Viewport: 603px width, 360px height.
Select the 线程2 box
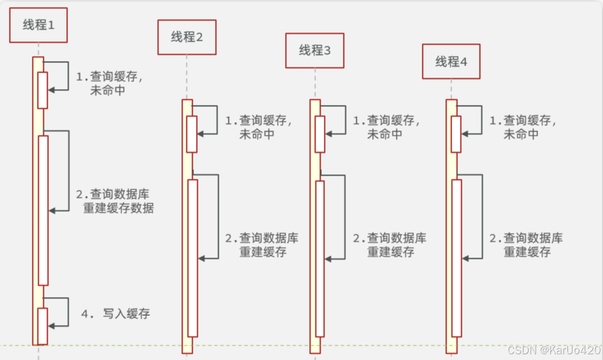[187, 37]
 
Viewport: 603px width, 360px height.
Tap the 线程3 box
[314, 50]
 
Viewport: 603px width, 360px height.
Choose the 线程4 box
[451, 61]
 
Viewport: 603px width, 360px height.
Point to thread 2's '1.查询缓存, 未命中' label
[258, 127]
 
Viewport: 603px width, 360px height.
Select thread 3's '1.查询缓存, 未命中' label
[385, 127]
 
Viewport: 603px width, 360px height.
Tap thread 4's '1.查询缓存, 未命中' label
[522, 127]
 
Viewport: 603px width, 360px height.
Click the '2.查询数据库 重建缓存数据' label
[114, 201]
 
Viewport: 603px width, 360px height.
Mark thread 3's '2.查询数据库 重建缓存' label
[389, 245]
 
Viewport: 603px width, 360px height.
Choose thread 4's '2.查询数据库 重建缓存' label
[526, 245]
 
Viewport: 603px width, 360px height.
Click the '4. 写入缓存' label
[116, 314]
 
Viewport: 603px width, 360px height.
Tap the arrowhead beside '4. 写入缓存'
[52, 326]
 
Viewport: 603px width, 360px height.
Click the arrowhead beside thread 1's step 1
[52, 90]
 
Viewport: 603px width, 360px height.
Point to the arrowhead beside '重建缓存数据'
[52, 211]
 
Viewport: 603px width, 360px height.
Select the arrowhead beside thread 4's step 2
[466, 258]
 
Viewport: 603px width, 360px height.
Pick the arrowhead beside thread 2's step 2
[202, 258]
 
